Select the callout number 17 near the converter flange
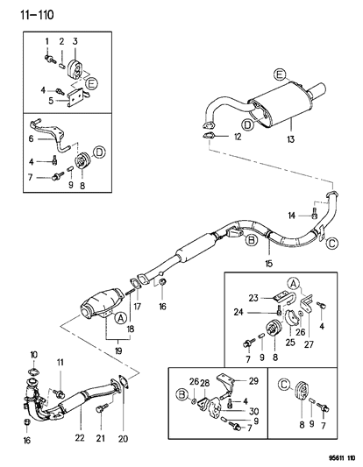137,306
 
